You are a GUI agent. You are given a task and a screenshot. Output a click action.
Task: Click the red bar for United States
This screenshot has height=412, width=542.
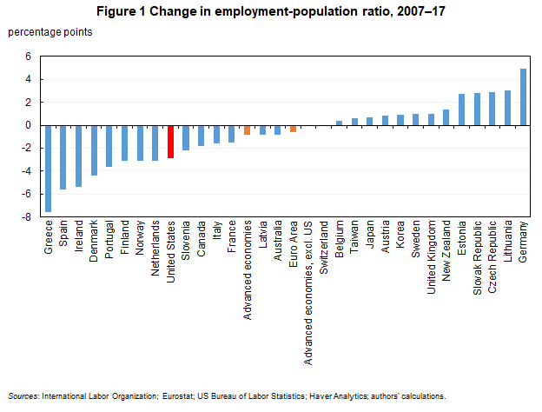pyautogui.click(x=171, y=141)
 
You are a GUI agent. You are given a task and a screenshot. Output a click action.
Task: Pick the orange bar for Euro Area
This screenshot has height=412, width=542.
pyautogui.click(x=294, y=128)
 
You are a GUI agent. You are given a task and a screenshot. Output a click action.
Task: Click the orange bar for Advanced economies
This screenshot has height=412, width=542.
pyautogui.click(x=248, y=130)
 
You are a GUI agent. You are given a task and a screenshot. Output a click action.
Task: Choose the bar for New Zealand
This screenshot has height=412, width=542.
pyautogui.click(x=446, y=117)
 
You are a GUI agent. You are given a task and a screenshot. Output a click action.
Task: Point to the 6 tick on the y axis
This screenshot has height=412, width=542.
pyautogui.click(x=28, y=56)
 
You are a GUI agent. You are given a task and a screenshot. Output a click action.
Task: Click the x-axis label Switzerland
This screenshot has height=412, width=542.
pyautogui.click(x=324, y=249)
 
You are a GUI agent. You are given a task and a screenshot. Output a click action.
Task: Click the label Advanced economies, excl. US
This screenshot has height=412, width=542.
pyautogui.click(x=308, y=279)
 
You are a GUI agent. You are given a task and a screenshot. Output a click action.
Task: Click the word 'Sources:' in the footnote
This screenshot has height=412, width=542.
pyautogui.click(x=23, y=395)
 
